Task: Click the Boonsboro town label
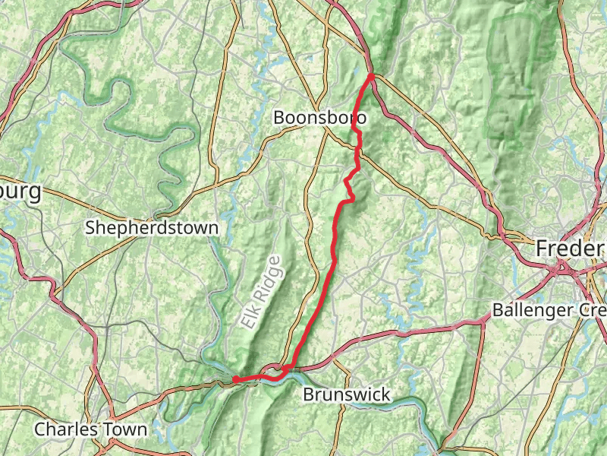tap(319, 118)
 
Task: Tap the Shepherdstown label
tap(152, 227)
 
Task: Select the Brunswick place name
tap(346, 394)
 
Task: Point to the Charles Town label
tap(91, 429)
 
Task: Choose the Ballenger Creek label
tap(549, 310)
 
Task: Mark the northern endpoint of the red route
tap(371, 75)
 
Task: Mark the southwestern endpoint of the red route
tap(235, 378)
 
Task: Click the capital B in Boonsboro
tap(278, 118)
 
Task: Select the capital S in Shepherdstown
tap(90, 227)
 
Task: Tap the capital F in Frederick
tap(542, 248)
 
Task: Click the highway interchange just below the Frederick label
tap(563, 267)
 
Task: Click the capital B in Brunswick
tap(307, 394)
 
